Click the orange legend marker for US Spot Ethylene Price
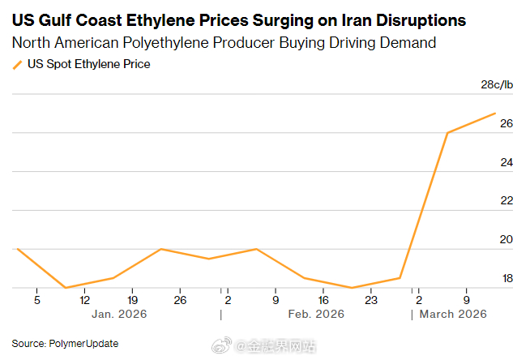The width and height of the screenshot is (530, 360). (17, 64)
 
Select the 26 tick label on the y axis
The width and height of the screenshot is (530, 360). (506, 124)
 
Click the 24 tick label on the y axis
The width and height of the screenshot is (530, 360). (506, 163)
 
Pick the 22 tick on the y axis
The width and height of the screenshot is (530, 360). (506, 201)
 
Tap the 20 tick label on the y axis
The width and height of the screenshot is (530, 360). (506, 240)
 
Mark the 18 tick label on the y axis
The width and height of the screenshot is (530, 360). (506, 279)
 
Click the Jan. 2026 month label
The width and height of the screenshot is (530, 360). (119, 314)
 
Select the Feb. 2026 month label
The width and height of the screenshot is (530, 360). (310, 314)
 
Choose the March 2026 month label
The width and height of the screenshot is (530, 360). (452, 314)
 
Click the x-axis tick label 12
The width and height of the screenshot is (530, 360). (84, 300)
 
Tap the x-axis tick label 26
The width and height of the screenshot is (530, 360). (180, 300)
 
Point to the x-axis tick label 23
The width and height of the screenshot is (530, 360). (370, 300)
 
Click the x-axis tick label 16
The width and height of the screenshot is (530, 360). (323, 300)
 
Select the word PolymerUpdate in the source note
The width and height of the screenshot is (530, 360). (84, 344)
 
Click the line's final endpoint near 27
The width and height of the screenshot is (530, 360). (495, 114)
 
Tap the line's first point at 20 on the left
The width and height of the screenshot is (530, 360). (17, 249)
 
